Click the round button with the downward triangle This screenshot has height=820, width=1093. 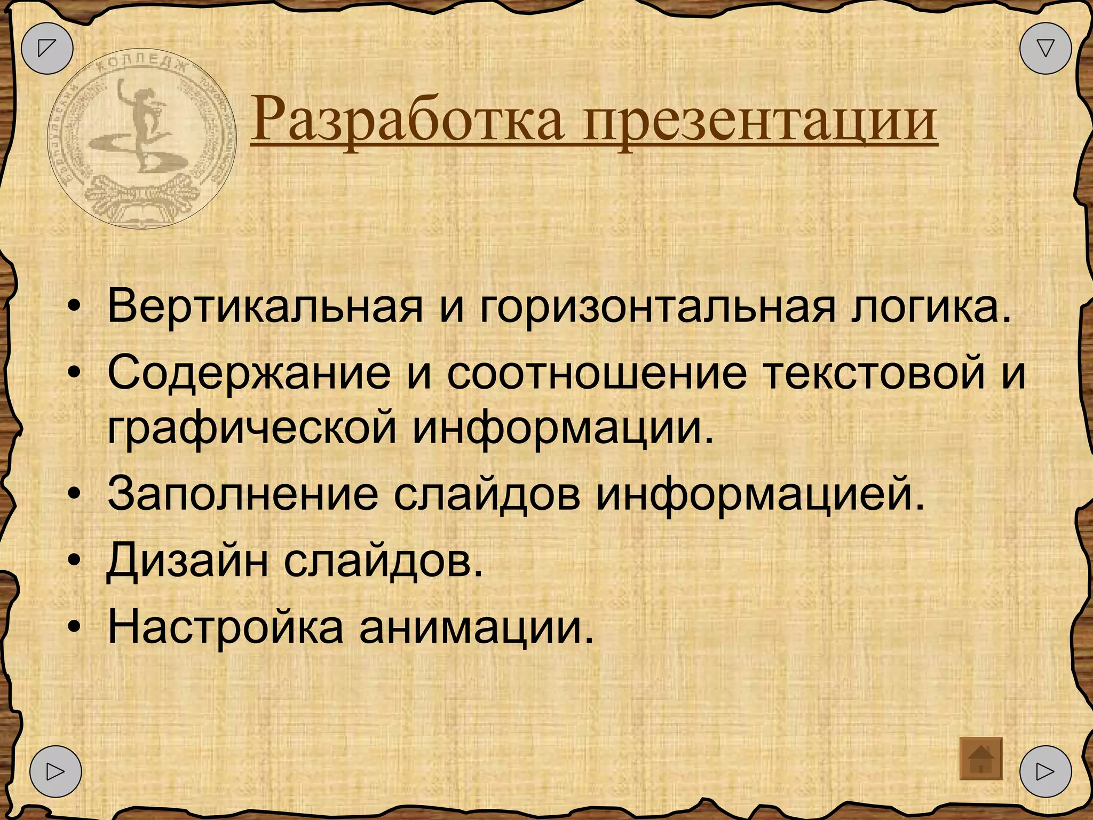click(1046, 48)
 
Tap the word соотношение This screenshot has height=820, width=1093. click(597, 373)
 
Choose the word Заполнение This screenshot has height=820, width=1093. click(243, 494)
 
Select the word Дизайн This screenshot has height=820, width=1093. click(187, 560)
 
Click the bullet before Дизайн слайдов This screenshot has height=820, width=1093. click(75, 560)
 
